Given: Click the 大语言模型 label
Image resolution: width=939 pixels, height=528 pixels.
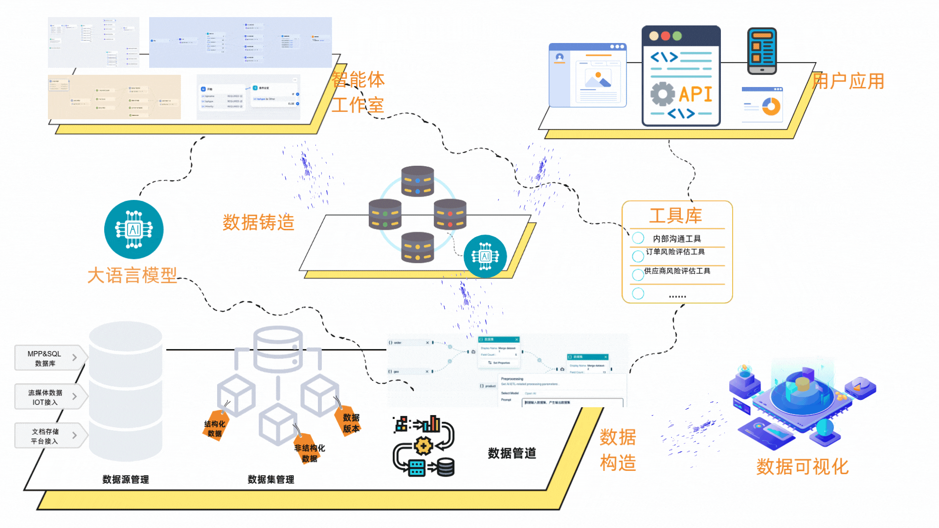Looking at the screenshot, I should (x=132, y=275).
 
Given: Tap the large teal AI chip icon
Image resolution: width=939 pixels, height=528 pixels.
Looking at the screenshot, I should (x=134, y=229).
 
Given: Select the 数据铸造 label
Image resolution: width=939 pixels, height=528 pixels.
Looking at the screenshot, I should (x=258, y=222).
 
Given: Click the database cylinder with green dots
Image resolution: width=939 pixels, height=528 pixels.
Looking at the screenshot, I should (x=385, y=214).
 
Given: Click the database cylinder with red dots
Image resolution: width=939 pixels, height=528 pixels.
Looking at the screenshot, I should (x=450, y=214).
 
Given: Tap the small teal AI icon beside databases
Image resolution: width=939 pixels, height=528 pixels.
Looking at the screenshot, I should (x=485, y=256).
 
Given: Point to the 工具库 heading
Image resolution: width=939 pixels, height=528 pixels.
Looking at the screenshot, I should (x=675, y=216).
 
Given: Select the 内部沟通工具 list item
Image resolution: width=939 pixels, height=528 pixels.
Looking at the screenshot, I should (x=677, y=239).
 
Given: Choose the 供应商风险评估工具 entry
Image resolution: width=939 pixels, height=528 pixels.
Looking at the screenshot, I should (x=677, y=271).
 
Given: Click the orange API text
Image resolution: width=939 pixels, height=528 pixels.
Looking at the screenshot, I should (x=695, y=94).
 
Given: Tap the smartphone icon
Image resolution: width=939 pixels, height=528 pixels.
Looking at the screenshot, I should (x=761, y=51).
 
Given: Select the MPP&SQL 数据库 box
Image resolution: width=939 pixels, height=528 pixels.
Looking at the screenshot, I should (x=45, y=358).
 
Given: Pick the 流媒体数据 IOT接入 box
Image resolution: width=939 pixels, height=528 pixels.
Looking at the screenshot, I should (x=45, y=397).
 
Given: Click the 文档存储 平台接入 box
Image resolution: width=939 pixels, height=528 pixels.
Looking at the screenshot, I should (x=45, y=436).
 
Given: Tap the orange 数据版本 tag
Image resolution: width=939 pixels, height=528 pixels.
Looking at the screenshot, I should (x=351, y=423).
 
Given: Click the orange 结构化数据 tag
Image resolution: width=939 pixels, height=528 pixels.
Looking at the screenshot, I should (x=215, y=428).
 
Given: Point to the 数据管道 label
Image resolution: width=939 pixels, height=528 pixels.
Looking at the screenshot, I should (x=512, y=453).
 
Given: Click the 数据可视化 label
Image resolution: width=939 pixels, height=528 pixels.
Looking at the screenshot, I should (x=802, y=466).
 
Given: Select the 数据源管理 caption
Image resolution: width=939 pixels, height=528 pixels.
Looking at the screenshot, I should (x=126, y=480).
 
